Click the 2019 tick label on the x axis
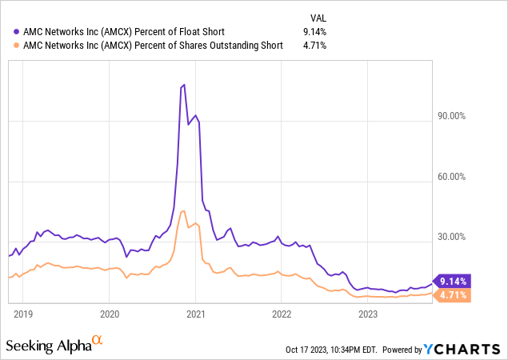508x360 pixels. point(23,314)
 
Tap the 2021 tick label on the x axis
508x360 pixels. point(196,314)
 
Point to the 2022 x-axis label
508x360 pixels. point(282,314)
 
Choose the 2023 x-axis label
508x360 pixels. point(368,314)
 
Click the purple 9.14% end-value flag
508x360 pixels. point(453,281)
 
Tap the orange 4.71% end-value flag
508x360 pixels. point(453,295)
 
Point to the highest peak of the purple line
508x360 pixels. point(184,84)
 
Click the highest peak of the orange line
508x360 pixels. point(183,210)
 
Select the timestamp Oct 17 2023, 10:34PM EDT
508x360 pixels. point(330,350)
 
